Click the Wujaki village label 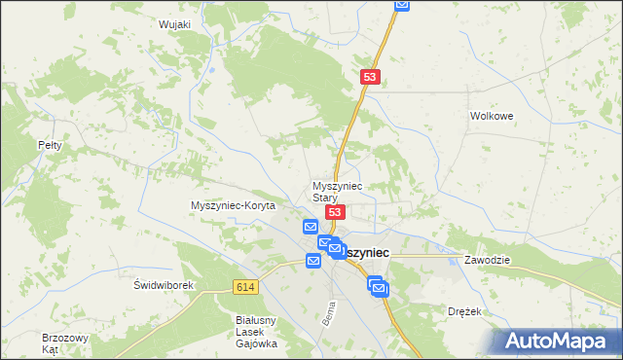pyautogui.click(x=173, y=24)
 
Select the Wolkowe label pyautogui.click(x=491, y=115)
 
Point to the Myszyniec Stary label pyautogui.click(x=337, y=191)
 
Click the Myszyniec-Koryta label pyautogui.click(x=234, y=206)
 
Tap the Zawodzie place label pyautogui.click(x=488, y=261)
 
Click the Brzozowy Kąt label pyautogui.click(x=59, y=342)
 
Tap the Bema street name pyautogui.click(x=328, y=314)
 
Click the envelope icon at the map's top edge pyautogui.click(x=402, y=5)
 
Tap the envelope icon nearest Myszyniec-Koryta pyautogui.click(x=310, y=227)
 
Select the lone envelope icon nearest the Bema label pyautogui.click(x=313, y=261)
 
